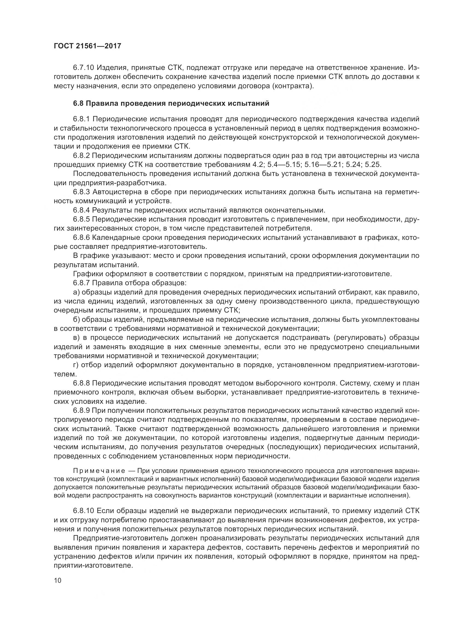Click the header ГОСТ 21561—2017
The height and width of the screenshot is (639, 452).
(87, 46)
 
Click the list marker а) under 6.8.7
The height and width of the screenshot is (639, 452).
(76, 292)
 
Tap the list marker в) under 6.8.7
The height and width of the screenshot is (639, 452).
(76, 338)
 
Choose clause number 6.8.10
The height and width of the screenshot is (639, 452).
(84, 511)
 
